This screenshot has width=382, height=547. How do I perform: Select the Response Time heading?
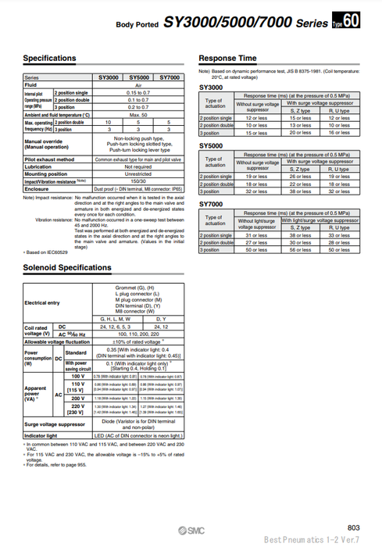[x=228, y=58]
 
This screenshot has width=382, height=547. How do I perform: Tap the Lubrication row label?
[x=40, y=166]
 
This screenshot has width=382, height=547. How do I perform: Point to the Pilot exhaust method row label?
[x=49, y=159]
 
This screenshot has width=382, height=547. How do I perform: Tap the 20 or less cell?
[x=302, y=132]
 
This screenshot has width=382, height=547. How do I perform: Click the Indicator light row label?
[x=41, y=434]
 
